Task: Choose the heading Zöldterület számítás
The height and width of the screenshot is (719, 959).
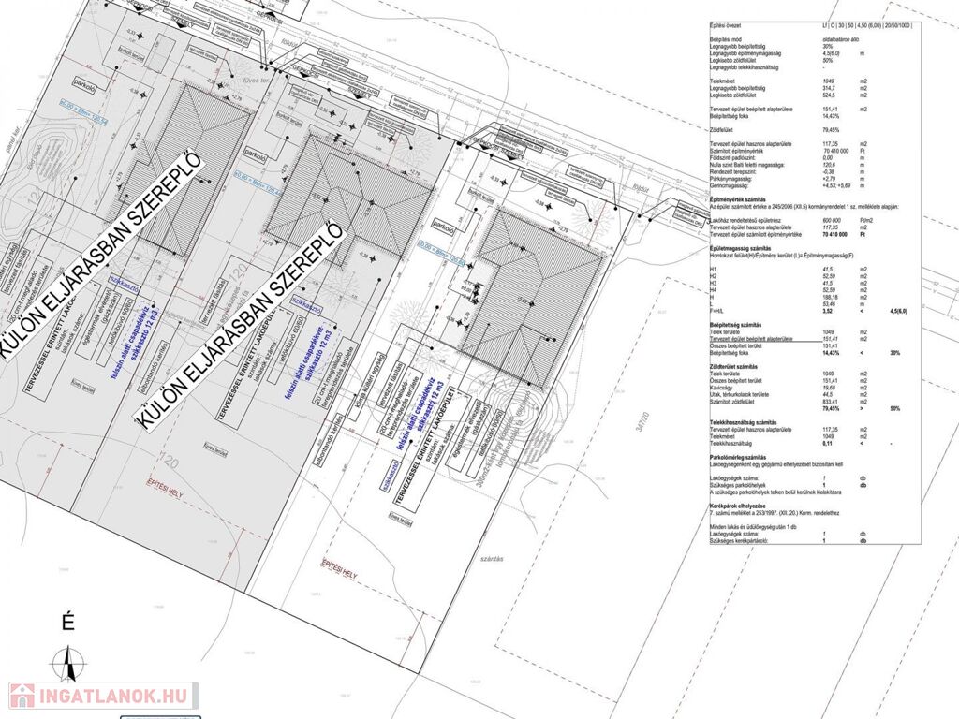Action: coord(736,366)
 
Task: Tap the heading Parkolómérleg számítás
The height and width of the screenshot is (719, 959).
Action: coord(740,456)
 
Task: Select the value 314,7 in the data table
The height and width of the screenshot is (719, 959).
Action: coord(827,88)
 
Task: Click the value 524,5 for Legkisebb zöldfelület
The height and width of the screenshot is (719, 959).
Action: coord(827,95)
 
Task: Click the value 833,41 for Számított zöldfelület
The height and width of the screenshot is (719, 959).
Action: coord(827,402)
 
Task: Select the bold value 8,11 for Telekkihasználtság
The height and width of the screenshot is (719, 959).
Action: coord(827,442)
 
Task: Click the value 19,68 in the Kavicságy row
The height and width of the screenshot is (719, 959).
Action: coord(827,389)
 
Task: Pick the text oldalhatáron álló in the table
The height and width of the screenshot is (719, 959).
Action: coord(839,39)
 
